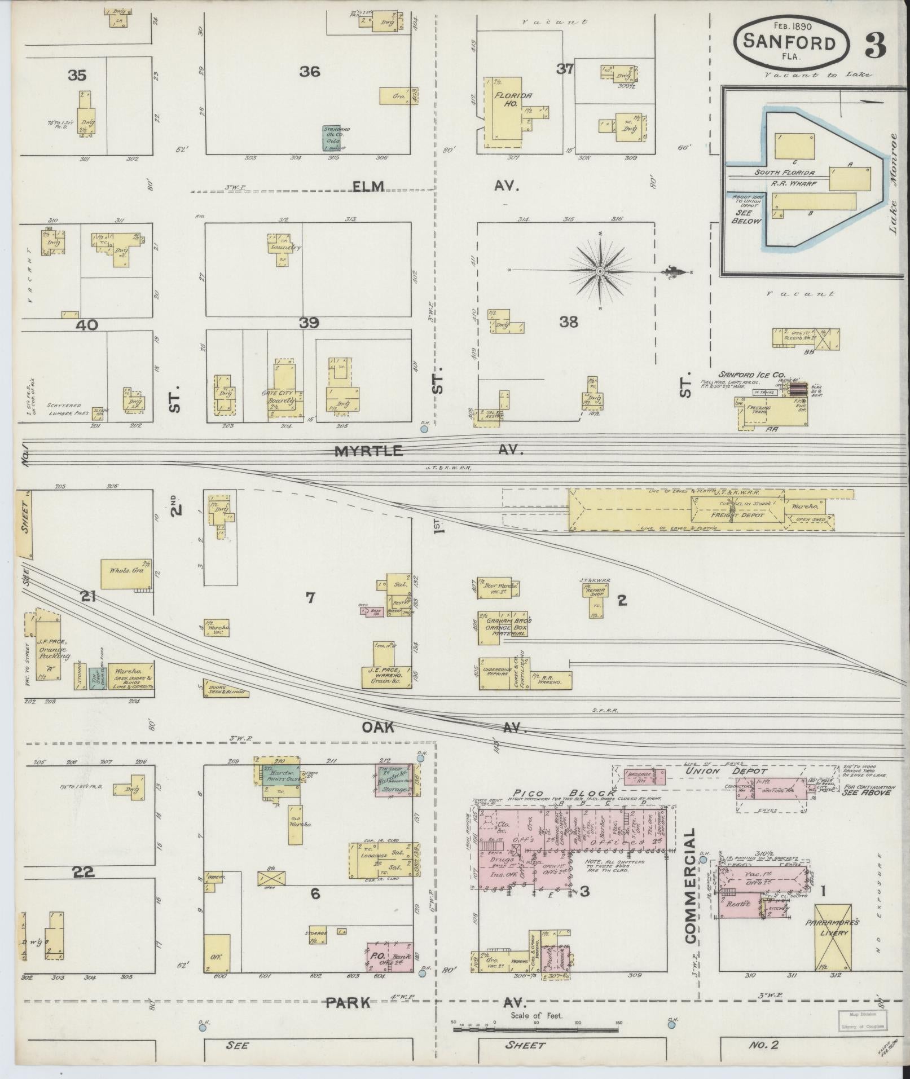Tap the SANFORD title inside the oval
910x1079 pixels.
tap(789, 42)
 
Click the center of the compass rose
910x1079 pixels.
tap(600, 272)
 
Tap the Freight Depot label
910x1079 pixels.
tap(730, 514)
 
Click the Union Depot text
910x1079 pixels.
tap(718, 770)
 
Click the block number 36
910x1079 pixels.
tap(310, 72)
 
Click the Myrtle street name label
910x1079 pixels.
tap(369, 451)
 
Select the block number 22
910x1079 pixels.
tap(83, 872)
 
